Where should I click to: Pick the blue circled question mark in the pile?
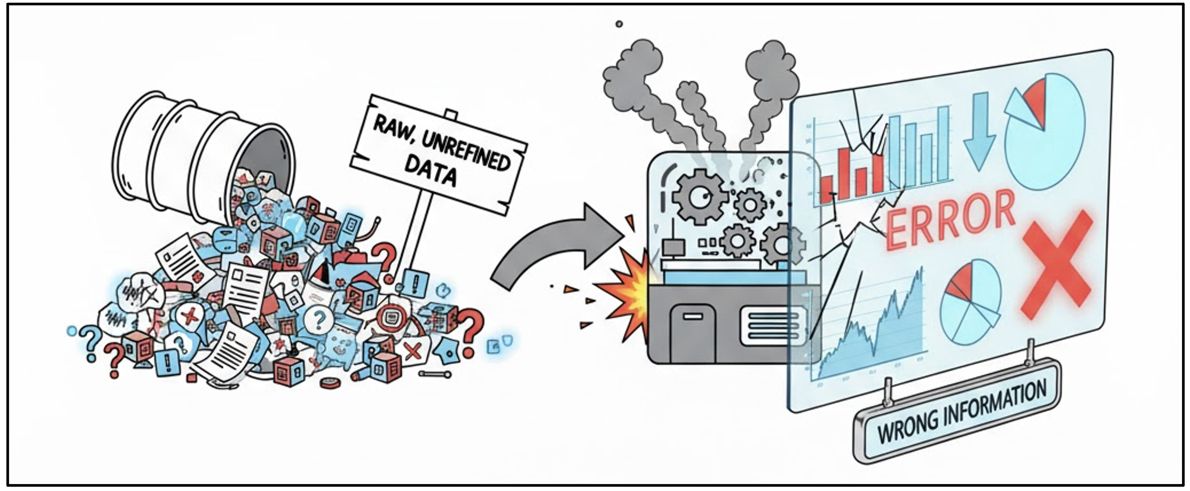point(318,318)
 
